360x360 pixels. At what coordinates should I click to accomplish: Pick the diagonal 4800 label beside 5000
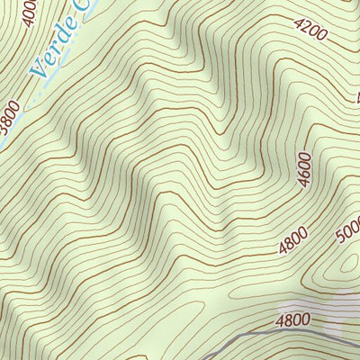293,240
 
